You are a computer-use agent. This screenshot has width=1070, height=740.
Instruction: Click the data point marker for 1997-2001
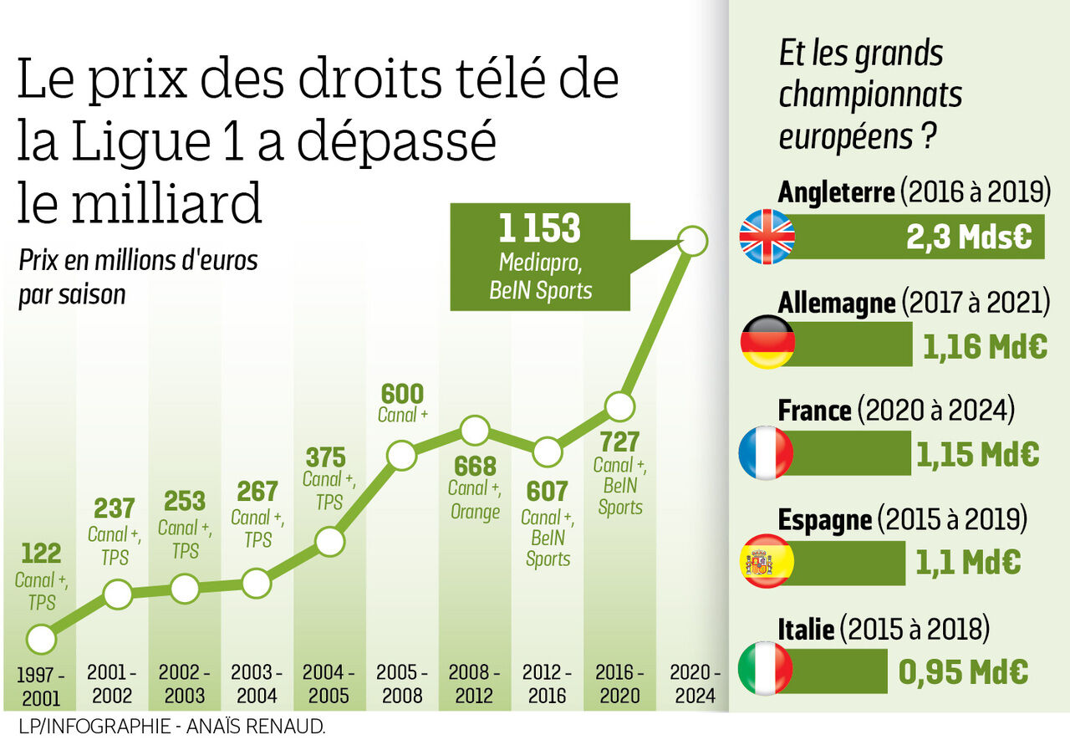(x=41, y=640)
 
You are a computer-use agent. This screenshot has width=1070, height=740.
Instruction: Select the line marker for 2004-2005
(x=330, y=542)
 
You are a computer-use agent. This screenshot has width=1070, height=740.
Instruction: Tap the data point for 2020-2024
(x=692, y=242)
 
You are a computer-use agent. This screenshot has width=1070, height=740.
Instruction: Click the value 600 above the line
(x=402, y=394)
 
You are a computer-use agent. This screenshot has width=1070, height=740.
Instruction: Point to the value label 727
(x=619, y=441)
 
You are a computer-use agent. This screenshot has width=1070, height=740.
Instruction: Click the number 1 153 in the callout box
(x=539, y=229)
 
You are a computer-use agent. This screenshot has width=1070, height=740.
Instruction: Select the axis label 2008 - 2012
(x=474, y=683)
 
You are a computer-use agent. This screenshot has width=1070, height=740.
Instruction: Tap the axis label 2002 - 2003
(x=185, y=683)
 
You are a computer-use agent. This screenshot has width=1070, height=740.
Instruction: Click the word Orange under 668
(x=475, y=512)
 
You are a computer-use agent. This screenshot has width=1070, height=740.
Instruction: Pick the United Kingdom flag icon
(x=767, y=237)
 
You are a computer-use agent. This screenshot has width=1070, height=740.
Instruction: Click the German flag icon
(x=767, y=342)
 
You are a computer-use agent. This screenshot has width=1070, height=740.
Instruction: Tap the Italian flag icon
(x=765, y=668)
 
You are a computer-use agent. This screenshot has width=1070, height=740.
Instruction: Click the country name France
(x=814, y=411)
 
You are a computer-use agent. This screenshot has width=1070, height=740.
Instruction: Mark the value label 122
(x=41, y=553)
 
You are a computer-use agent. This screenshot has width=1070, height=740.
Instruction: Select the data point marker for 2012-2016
(x=547, y=452)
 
